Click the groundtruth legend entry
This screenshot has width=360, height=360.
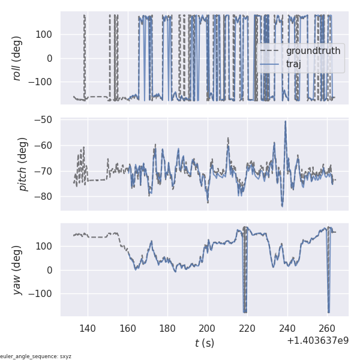313,51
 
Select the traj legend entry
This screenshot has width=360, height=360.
293,64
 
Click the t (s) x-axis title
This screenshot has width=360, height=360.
204,343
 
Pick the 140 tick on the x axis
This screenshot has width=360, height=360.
88,328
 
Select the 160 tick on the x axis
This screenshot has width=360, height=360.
128,328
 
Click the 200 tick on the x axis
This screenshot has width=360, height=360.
208,328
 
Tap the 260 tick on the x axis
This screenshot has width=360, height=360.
328,328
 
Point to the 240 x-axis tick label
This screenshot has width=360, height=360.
287,328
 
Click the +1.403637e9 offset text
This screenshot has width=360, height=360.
317,340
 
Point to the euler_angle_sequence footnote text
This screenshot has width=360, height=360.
36,356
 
